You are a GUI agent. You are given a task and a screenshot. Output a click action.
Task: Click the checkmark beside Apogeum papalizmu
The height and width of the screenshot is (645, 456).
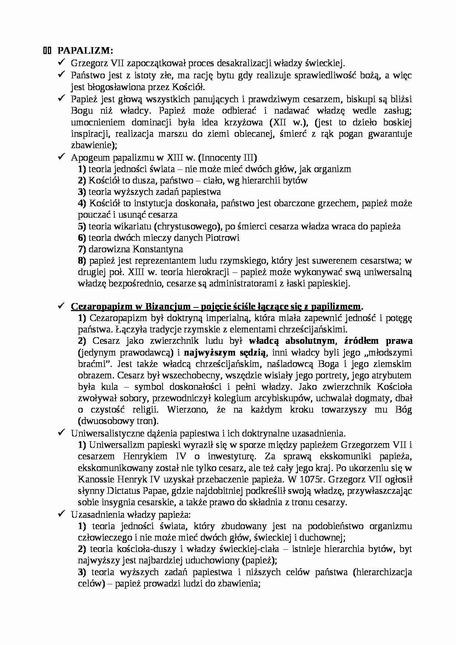click(61, 157)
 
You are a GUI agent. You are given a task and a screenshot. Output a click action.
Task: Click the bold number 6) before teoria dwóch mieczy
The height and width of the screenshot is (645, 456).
click(82, 238)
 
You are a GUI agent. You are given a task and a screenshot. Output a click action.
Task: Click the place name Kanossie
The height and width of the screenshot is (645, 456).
click(96, 479)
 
